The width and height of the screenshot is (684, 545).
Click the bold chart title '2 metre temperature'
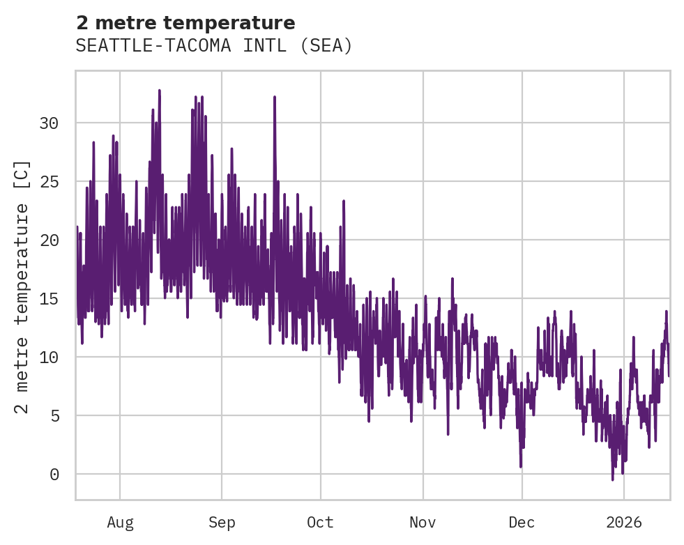pos(185,23)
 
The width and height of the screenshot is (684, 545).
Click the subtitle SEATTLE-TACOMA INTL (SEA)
pos(214,46)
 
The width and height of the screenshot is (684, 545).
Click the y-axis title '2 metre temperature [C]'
pos(22,286)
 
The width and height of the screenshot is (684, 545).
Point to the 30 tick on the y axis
pos(49,123)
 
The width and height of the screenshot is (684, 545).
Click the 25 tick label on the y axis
pos(49,182)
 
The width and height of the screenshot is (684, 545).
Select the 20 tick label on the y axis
pos(49,240)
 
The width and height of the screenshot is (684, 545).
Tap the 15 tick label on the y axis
pos(49,299)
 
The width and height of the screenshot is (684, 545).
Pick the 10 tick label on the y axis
pos(49,358)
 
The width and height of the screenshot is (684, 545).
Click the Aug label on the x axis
pos(120,523)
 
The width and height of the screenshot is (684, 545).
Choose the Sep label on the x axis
pos(222,523)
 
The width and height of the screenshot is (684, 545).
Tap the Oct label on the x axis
pos(321,523)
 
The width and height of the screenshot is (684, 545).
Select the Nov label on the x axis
pos(423,523)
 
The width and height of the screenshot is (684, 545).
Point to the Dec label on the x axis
pos(522,523)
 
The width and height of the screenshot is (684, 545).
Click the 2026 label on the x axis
pos(624,523)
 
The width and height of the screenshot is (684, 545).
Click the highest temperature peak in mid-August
pos(159,91)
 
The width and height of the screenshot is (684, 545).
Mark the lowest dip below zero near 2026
pos(613,479)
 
